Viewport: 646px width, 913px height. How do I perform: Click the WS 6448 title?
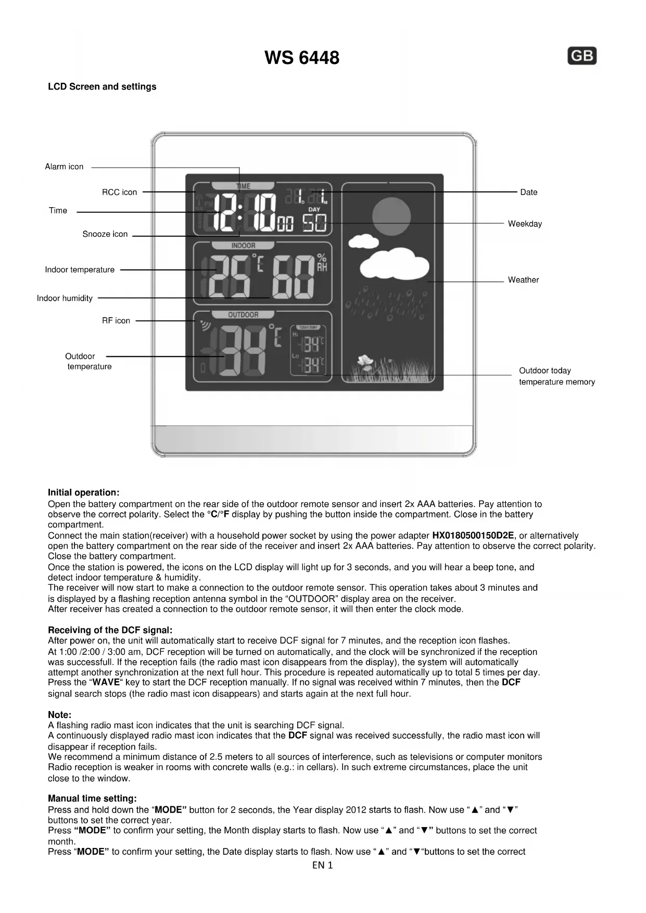pos(301,58)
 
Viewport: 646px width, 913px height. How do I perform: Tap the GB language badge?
pos(582,56)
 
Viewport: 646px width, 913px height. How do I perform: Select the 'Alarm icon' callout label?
pos(64,167)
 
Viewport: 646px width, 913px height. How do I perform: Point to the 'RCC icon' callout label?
pos(119,192)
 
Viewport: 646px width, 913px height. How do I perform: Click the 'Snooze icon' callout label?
pos(105,234)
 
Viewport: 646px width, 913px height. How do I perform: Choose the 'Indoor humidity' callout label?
pos(65,298)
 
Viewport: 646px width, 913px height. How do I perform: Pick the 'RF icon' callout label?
pos(116,321)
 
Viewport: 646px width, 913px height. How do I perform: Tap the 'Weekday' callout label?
pos(525,224)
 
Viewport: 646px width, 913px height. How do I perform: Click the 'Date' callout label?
pos(528,192)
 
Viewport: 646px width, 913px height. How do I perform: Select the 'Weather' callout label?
pos(523,280)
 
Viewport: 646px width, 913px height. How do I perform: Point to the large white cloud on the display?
pos(394,263)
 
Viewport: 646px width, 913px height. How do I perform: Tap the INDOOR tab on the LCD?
pos(243,246)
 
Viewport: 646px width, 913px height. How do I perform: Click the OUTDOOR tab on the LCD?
pos(243,314)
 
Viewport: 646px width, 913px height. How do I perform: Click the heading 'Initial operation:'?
pos(83,492)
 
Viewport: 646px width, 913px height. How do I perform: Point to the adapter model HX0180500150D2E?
pos(473,536)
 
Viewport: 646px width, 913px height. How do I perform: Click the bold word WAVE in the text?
pos(106,682)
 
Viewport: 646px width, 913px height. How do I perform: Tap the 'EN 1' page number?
pos(322,865)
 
